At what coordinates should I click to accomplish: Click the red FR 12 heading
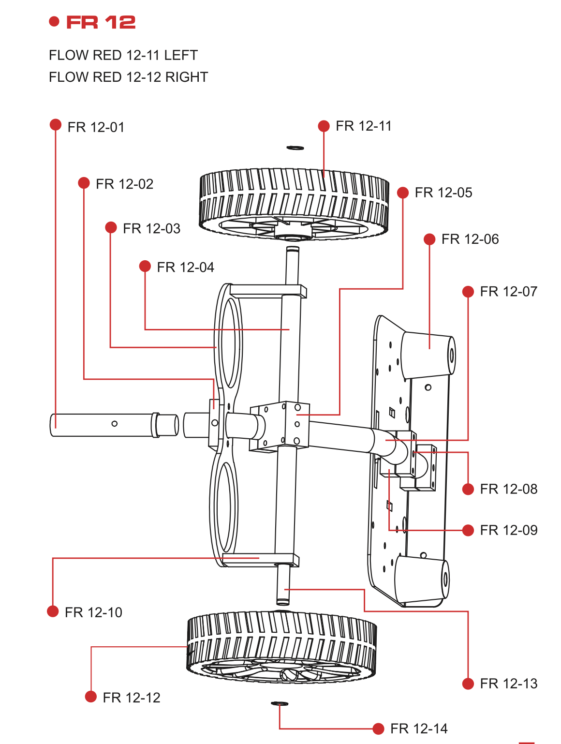tap(101, 22)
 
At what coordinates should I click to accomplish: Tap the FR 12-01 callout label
tap(96, 127)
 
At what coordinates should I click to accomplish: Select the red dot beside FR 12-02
tap(84, 183)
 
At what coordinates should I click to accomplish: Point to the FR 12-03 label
tap(151, 228)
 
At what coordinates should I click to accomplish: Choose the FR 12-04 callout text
tap(185, 267)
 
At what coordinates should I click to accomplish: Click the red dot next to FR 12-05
tap(403, 193)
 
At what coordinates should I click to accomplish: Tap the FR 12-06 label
tap(470, 239)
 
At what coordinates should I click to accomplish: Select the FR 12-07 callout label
tap(508, 292)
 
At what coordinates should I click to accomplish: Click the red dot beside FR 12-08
tap(468, 489)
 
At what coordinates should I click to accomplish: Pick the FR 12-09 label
tap(508, 530)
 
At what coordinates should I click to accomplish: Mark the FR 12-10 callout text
tap(93, 612)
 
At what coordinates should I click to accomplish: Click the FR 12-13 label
tap(508, 684)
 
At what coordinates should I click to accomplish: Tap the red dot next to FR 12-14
tap(378, 729)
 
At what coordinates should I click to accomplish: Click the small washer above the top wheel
tap(295, 148)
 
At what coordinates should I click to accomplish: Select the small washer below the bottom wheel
tap(280, 703)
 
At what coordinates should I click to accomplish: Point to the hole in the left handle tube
tap(115, 424)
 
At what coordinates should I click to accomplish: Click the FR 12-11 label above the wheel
tap(363, 126)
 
